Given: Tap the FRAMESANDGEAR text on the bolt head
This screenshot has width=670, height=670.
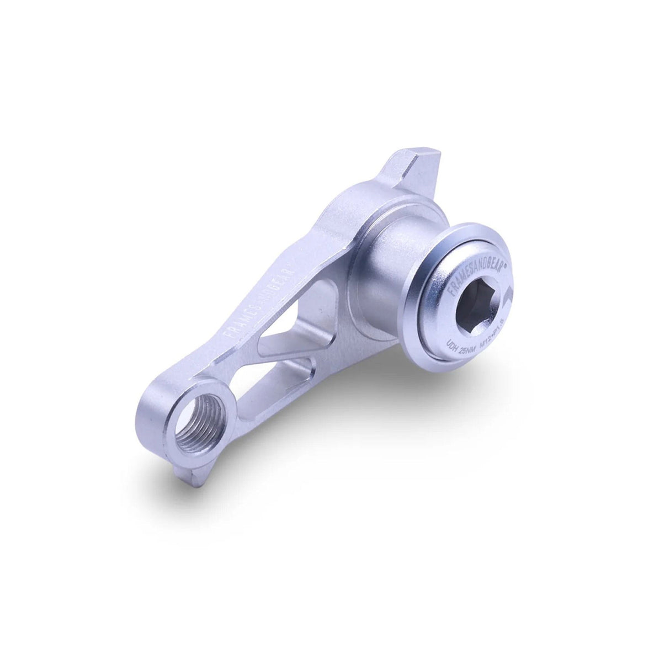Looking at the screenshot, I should coord(466,263).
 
